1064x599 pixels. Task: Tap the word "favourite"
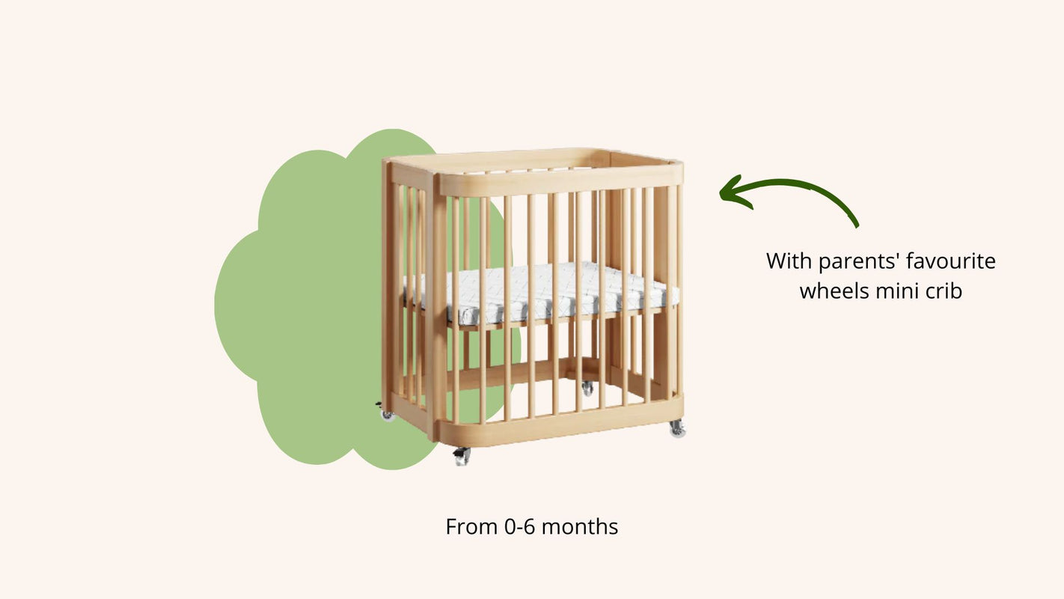click(x=951, y=261)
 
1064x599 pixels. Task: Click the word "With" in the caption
click(x=789, y=261)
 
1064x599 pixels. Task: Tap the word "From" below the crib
click(x=472, y=526)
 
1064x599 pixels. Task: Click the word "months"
click(x=579, y=526)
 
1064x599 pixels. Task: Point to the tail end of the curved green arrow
click(x=857, y=226)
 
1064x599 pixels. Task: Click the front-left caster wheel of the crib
click(x=461, y=457)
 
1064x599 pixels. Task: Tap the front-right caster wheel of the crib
click(x=677, y=429)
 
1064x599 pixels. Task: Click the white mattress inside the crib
click(x=542, y=292)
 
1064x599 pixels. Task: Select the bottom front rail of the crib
click(x=560, y=422)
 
